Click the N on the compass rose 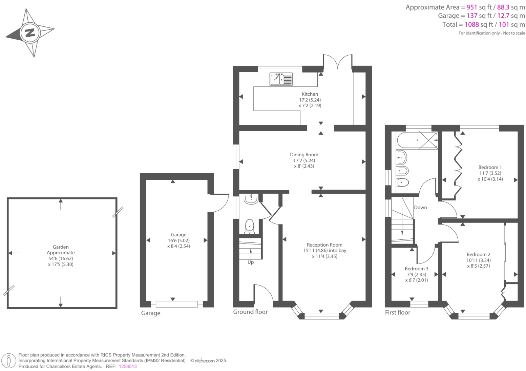point(30,33)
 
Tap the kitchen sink point(281,79)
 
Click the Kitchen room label point(310,94)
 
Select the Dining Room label point(304,155)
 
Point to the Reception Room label point(324,245)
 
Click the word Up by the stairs point(251,262)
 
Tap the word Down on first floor point(420,208)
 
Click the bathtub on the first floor point(417,140)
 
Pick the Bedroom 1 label point(490,167)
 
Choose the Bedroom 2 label point(478,254)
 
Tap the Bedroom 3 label point(416,269)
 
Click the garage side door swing point(221,203)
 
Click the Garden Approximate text point(61,250)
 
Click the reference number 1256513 point(128,366)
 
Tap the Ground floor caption point(250,312)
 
